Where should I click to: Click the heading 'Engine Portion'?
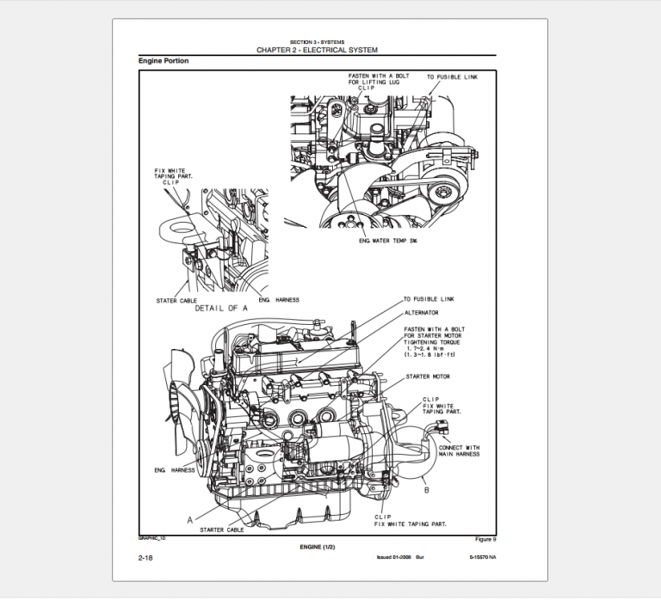click(164, 61)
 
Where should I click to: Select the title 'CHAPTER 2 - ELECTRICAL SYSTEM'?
click(317, 50)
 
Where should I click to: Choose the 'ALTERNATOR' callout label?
click(422, 313)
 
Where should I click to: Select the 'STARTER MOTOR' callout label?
click(427, 377)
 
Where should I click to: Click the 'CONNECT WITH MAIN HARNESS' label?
click(460, 451)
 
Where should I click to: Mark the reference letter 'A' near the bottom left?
click(189, 519)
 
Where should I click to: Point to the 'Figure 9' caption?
click(485, 539)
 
